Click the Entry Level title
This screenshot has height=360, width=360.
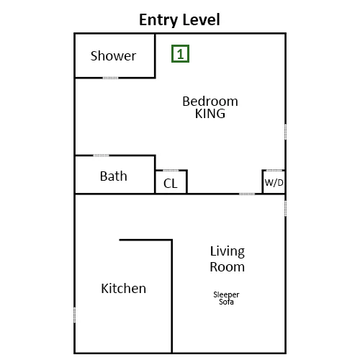pos(179,19)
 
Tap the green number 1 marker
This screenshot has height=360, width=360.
pos(180,54)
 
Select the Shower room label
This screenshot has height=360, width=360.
pos(113,56)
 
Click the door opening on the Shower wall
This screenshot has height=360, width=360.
pos(110,78)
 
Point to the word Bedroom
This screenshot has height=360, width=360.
pos(210,101)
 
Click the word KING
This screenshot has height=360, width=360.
pos(210,114)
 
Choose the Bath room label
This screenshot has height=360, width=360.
pos(113,176)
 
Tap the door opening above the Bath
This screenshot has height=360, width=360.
pos(101,156)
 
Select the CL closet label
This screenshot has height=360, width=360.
pos(171,184)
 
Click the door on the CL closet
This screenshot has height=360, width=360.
pos(171,171)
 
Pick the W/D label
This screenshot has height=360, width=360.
pos(274,183)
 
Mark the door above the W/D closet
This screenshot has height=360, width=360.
pos(274,171)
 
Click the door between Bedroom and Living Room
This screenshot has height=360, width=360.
pos(247,194)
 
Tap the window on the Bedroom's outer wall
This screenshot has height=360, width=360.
pos(285,132)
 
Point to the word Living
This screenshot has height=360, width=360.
pos(228,251)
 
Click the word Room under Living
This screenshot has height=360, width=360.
pos(228,267)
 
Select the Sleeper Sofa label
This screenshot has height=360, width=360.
pos(226,298)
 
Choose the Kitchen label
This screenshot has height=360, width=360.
pos(124,288)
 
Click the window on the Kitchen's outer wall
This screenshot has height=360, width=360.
pos(74,315)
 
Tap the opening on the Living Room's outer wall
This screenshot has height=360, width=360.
pos(285,208)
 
